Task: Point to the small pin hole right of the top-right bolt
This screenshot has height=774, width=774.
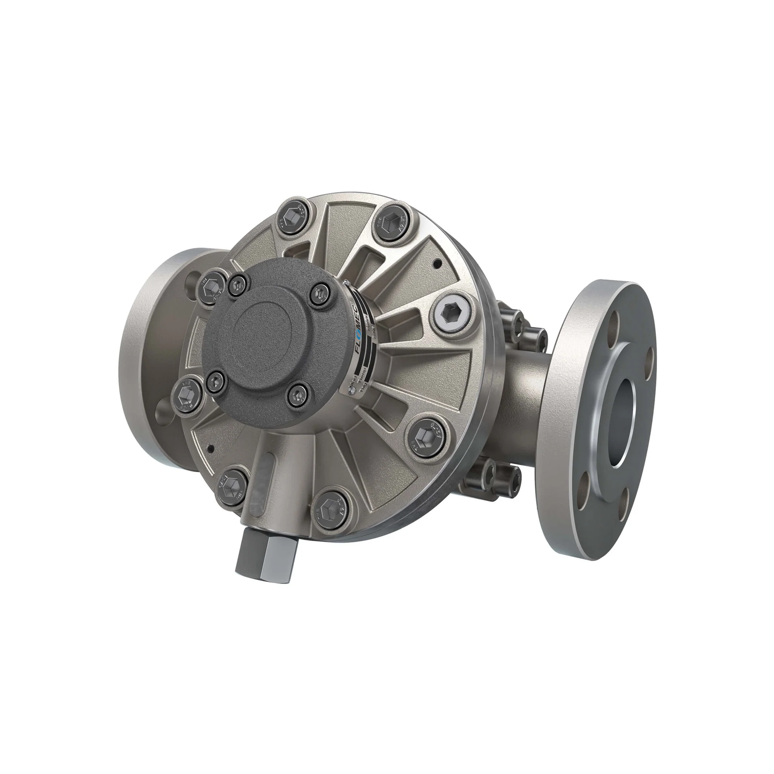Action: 438,263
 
